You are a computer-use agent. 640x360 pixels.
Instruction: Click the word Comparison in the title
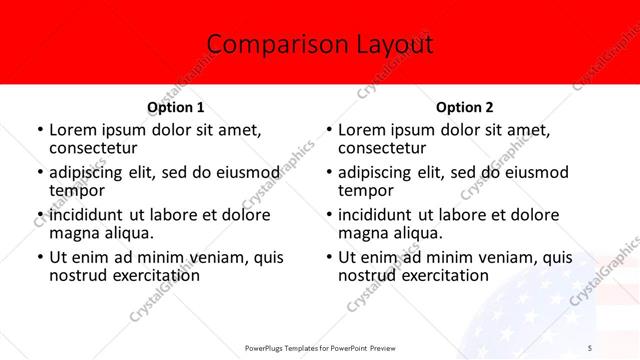click(261, 44)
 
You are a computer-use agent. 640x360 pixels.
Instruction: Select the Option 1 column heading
click(176, 107)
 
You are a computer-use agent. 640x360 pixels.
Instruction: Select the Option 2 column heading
click(464, 107)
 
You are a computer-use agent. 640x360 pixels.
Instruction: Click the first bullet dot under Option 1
click(39, 131)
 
